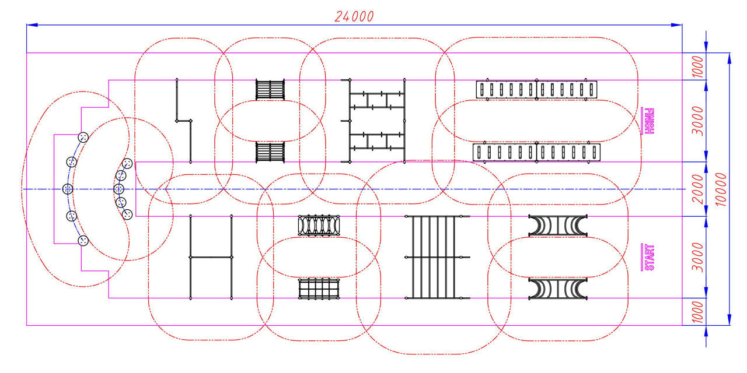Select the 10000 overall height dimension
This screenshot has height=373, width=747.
coord(721,189)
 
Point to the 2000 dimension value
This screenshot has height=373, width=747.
coord(698,189)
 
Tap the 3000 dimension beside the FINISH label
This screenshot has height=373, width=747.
coord(698,121)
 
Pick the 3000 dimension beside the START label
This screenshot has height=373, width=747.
coord(698,257)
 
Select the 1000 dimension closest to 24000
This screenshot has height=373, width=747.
coord(698,66)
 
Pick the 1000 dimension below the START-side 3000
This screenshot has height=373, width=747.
coord(698,312)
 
